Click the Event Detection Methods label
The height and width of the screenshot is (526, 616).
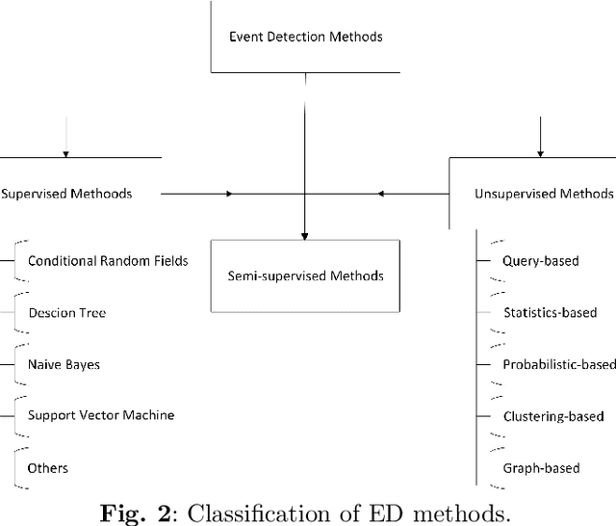click(x=305, y=38)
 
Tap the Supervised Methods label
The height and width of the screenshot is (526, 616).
click(x=66, y=194)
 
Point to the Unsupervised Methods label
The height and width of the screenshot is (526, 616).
click(x=543, y=194)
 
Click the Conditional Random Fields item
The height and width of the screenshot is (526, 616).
click(x=108, y=261)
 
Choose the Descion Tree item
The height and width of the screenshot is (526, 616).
click(x=66, y=313)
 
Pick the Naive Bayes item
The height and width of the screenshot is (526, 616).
click(x=64, y=365)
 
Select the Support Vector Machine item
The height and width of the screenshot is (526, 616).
click(x=101, y=415)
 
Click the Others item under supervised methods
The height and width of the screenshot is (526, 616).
click(x=48, y=468)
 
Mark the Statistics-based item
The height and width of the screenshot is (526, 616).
click(x=550, y=313)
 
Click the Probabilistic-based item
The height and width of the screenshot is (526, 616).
click(x=558, y=365)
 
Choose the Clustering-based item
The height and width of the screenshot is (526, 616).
click(x=553, y=416)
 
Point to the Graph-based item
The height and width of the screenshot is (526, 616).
click(x=541, y=468)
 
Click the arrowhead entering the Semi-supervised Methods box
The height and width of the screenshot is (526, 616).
click(x=304, y=235)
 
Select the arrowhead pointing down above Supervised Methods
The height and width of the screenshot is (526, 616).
click(x=65, y=151)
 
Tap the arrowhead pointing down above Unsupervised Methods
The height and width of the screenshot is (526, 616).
click(x=540, y=151)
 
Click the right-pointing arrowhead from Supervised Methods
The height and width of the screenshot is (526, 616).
click(x=229, y=194)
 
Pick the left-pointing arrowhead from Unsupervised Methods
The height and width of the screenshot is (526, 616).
click(x=380, y=194)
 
